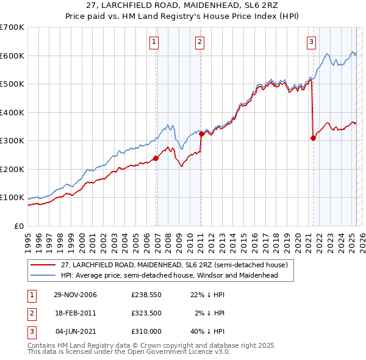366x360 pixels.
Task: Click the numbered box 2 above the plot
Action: coord(199,42)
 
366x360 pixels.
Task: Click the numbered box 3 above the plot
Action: coord(311,42)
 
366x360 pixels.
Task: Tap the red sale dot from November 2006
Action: coord(156,158)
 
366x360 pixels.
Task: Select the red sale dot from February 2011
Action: coord(201,134)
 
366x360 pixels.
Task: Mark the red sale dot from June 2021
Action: coord(314,138)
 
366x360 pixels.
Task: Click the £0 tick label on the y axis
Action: coord(18,226)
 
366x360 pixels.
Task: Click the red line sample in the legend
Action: coord(43,265)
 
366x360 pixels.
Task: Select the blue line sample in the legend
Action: coord(43,275)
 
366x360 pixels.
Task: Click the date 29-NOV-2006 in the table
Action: coord(76,295)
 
